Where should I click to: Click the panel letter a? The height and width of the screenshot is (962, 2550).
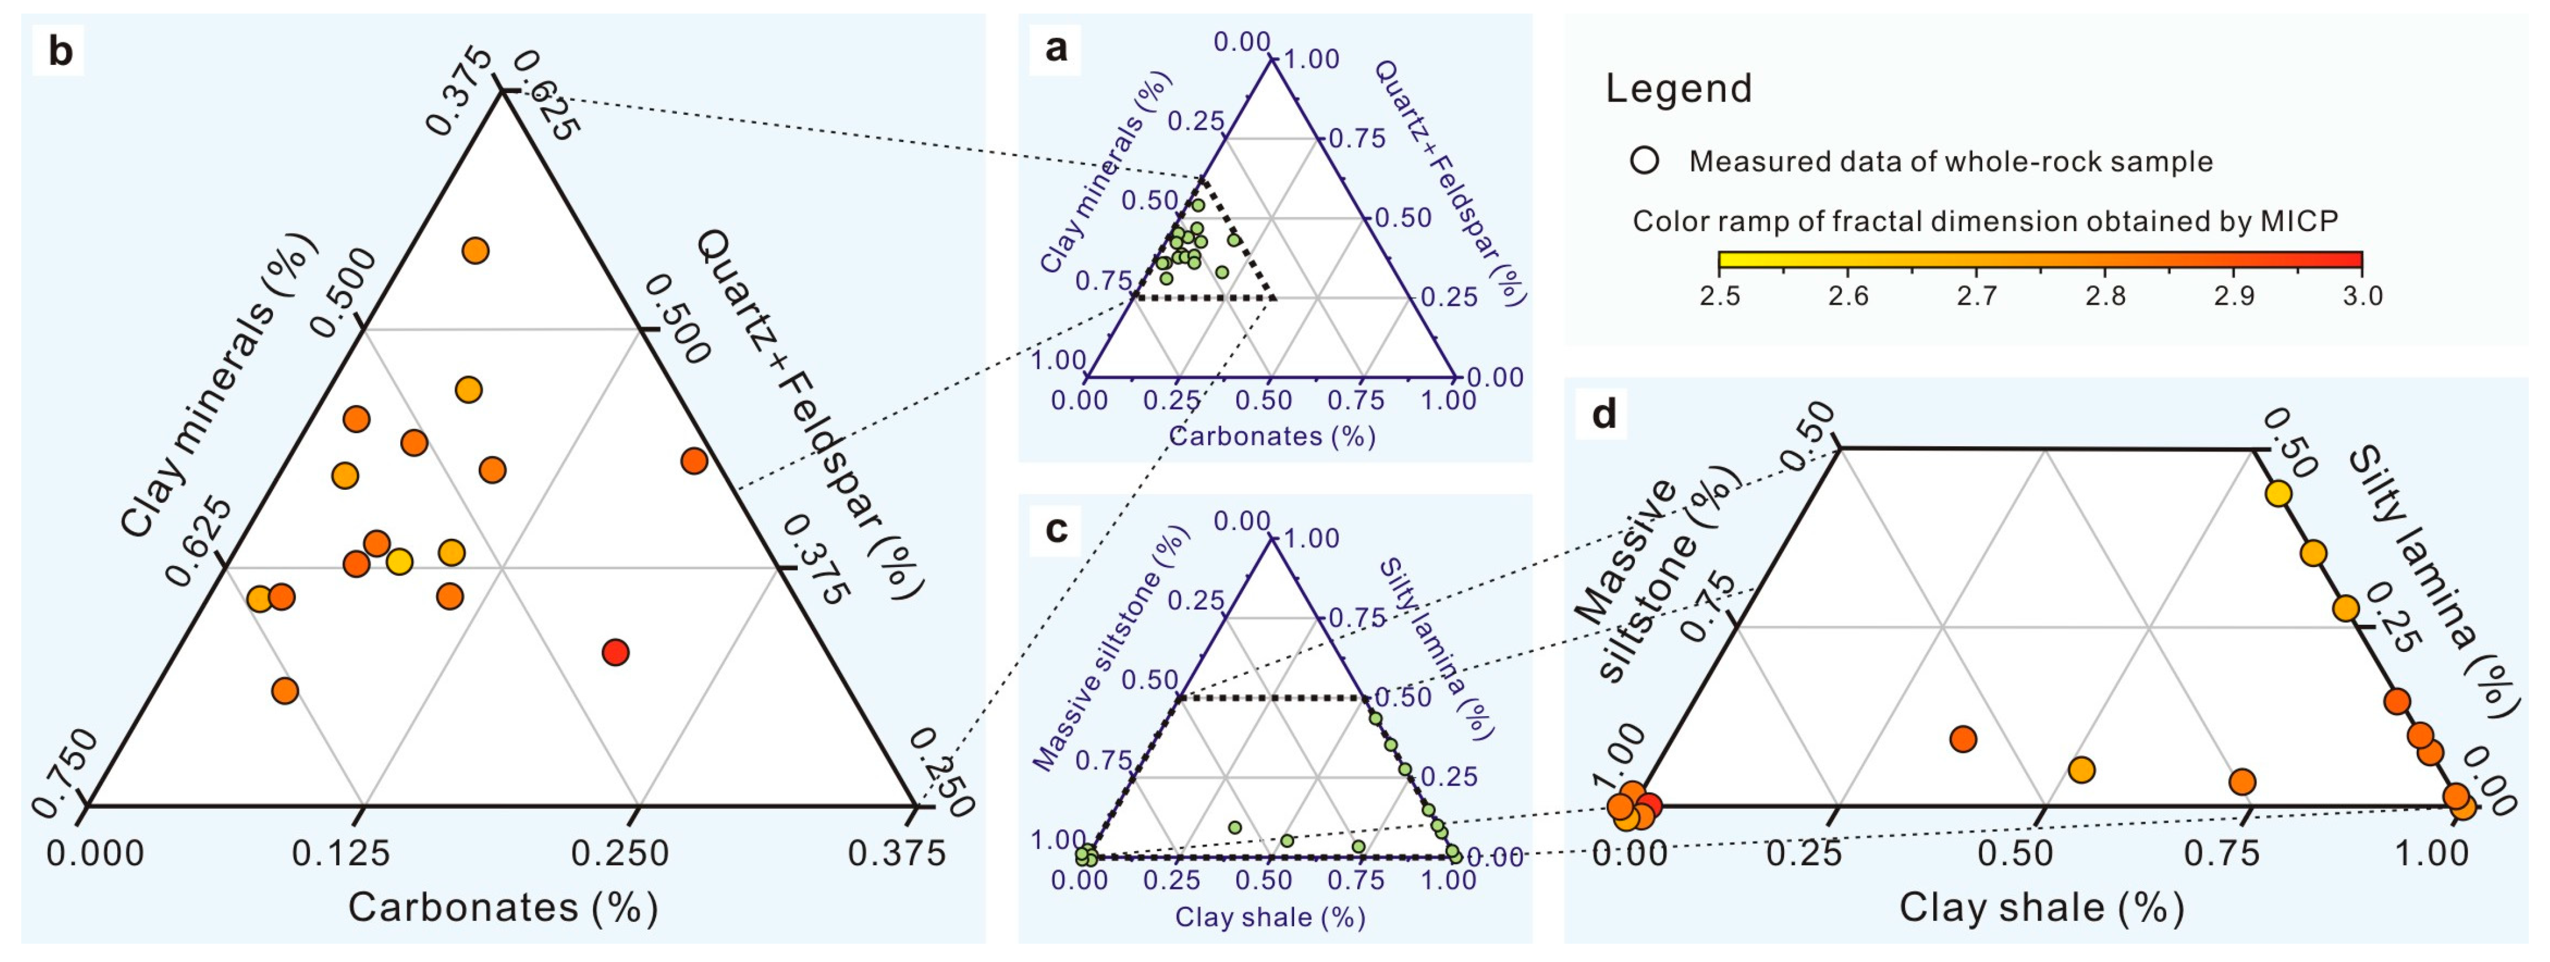tap(1056, 47)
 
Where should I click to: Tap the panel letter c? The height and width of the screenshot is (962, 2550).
tap(1056, 529)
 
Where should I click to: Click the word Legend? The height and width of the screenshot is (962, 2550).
tap(1678, 89)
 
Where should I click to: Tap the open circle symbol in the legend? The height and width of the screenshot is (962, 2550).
tap(1644, 160)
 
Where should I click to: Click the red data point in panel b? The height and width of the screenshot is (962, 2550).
tap(616, 652)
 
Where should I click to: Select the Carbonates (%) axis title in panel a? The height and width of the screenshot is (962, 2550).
tap(1272, 436)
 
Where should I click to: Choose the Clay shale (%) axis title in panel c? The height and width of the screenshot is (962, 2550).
tap(1270, 917)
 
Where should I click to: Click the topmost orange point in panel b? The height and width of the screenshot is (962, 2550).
tap(475, 251)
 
